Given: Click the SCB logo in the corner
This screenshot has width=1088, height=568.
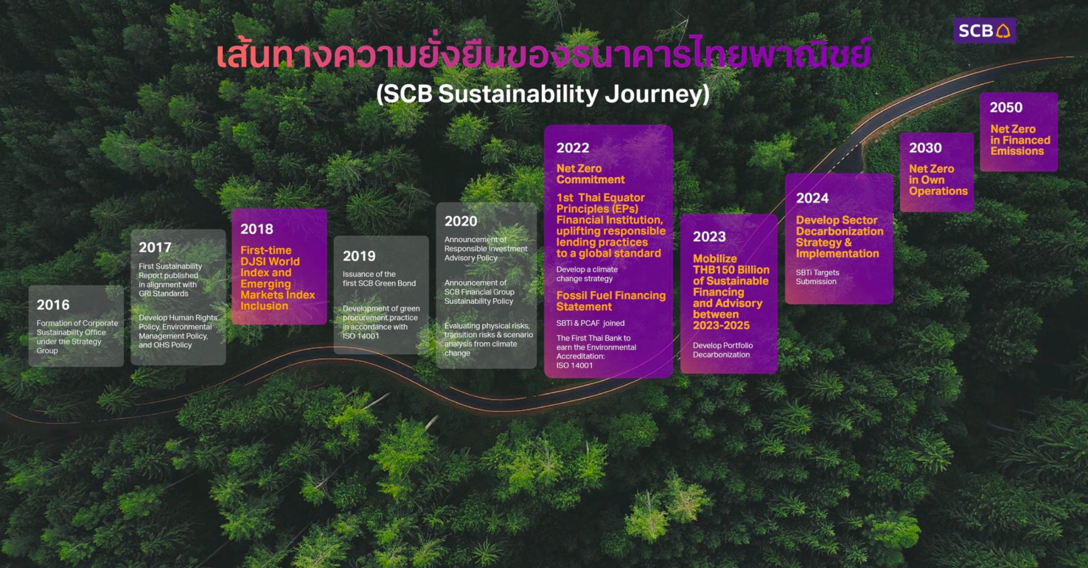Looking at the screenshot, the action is [x=985, y=30].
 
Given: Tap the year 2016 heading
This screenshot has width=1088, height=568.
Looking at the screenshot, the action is [x=53, y=305].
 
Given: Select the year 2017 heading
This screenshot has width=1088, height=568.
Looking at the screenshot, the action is [x=155, y=248].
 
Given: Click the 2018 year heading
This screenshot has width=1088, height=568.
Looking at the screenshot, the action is [x=257, y=229].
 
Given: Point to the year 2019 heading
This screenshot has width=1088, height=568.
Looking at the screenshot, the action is [x=359, y=256].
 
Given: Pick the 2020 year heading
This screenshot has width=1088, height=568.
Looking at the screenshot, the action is [x=461, y=221].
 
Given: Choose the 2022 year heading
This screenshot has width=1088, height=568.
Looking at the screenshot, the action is [x=573, y=148].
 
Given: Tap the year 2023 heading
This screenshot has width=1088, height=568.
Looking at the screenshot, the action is [x=709, y=237].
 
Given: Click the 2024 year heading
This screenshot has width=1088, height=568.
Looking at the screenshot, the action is [x=812, y=198].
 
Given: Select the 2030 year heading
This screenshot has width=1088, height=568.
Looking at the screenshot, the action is [x=925, y=148].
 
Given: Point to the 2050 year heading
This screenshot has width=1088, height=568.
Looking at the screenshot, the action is [x=1006, y=107].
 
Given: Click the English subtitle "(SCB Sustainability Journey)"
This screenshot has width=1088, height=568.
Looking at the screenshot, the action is [x=543, y=94].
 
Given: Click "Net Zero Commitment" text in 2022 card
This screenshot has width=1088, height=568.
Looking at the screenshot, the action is [x=590, y=174].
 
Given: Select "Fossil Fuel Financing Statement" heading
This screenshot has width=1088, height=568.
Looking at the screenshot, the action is [x=611, y=301].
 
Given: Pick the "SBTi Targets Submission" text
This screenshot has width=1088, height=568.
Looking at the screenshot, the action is [x=818, y=277].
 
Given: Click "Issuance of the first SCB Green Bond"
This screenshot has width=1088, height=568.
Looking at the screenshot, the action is [x=379, y=279].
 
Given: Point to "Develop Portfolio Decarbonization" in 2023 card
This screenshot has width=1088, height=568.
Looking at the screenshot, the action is [x=723, y=350].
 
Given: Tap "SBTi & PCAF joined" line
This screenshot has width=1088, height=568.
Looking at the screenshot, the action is [x=590, y=323].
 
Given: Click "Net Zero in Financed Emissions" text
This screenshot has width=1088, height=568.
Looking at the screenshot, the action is [x=1020, y=140].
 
